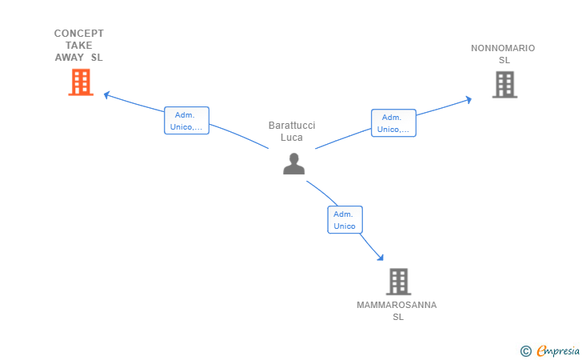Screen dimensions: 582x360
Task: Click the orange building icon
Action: (x=81, y=82)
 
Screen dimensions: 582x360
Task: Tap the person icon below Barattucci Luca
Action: (x=293, y=164)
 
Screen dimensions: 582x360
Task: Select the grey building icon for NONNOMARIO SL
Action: (x=504, y=85)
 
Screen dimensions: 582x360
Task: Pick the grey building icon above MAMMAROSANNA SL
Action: (x=398, y=282)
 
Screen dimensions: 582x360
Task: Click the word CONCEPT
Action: (x=78, y=34)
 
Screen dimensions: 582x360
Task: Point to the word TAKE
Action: (x=78, y=46)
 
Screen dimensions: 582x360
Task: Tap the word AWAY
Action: (x=70, y=58)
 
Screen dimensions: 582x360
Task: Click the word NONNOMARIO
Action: (x=503, y=48)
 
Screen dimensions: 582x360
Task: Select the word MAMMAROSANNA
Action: (x=397, y=305)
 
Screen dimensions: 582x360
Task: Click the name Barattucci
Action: (x=292, y=126)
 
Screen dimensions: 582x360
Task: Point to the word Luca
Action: (x=292, y=138)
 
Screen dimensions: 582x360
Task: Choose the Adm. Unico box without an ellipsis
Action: (x=345, y=219)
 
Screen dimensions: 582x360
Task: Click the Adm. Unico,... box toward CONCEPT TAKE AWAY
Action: (x=187, y=120)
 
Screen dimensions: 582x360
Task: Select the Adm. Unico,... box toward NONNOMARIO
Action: (x=393, y=123)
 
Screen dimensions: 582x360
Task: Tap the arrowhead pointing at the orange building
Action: (x=106, y=94)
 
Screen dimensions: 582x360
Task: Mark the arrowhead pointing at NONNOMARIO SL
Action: (x=468, y=99)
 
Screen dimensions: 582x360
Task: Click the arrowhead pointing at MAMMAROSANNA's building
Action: (x=381, y=258)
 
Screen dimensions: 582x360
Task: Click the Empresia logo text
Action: (x=558, y=350)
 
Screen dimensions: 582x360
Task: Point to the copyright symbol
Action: (x=526, y=351)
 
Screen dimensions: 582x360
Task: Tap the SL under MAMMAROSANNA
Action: (x=398, y=317)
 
